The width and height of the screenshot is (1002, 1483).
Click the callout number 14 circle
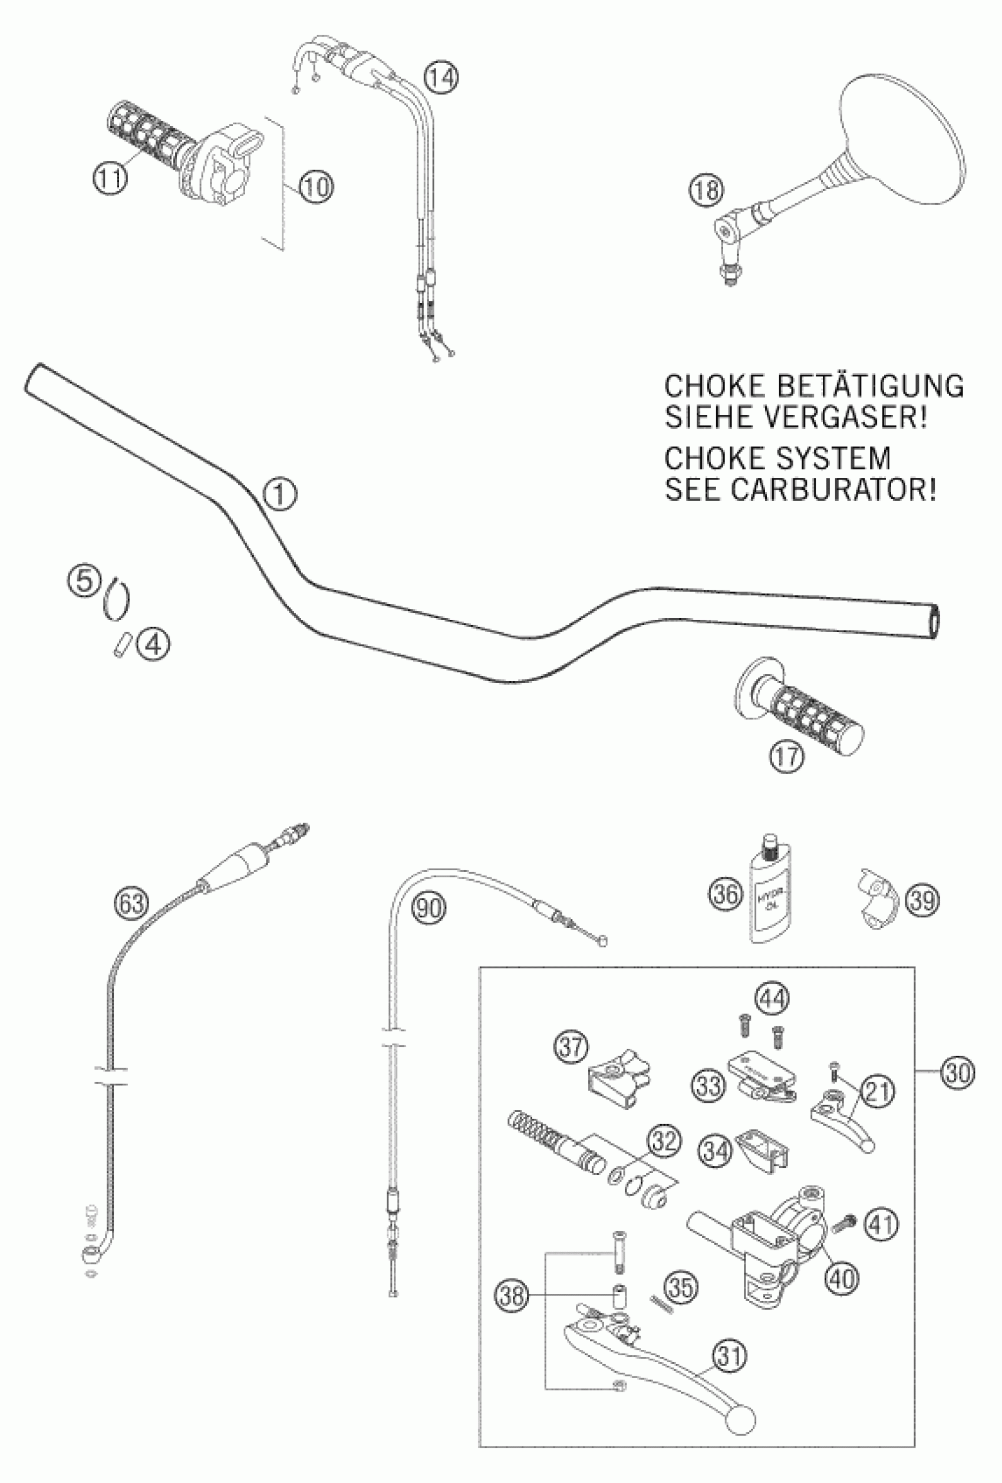pyautogui.click(x=440, y=78)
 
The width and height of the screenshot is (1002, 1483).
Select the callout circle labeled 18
pyautogui.click(x=704, y=191)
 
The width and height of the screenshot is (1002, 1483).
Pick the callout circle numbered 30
pyautogui.click(x=958, y=1071)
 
